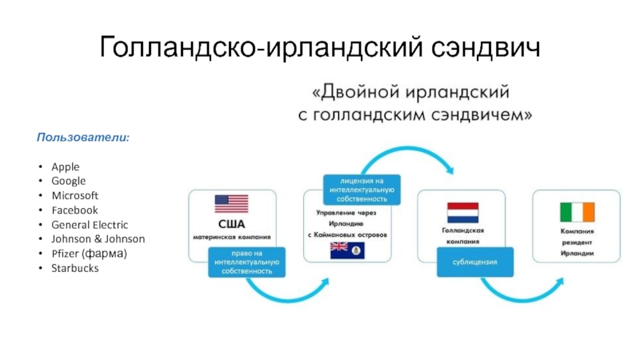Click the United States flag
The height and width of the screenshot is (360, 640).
[x=232, y=203]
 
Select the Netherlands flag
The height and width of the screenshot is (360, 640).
[x=462, y=213]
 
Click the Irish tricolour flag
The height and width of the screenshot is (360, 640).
[x=577, y=213]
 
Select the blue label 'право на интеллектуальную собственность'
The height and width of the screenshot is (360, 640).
[x=246, y=262]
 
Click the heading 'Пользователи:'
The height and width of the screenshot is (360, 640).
[x=83, y=138]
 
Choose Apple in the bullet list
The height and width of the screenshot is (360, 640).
[x=65, y=166]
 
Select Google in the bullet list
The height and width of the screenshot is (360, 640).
[x=68, y=181]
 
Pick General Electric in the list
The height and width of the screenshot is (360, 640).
[x=90, y=224]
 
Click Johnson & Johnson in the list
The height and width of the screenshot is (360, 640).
[x=98, y=238]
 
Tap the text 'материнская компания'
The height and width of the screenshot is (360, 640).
[x=231, y=237]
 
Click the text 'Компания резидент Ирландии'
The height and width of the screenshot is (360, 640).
[x=577, y=241]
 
